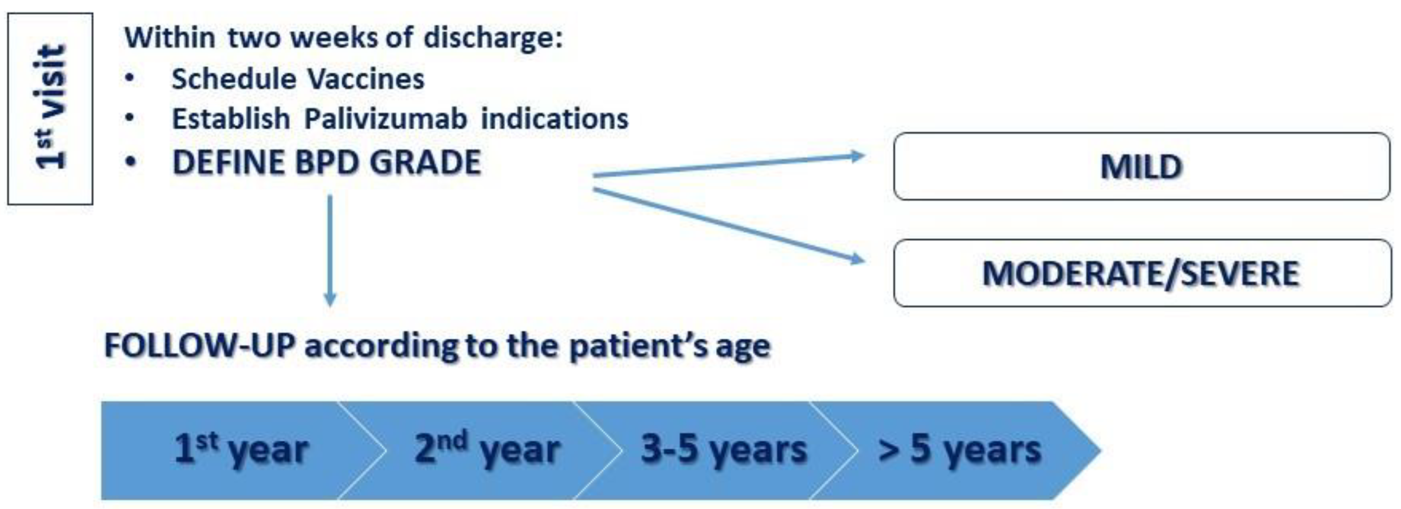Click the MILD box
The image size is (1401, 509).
1142,166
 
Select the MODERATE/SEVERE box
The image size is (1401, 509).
1142,273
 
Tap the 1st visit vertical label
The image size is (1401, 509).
50,108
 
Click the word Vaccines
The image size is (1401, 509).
366,79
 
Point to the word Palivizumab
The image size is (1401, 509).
386,118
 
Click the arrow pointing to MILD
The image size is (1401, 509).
729,166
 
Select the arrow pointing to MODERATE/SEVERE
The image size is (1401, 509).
729,226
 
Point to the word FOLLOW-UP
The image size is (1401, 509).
199,345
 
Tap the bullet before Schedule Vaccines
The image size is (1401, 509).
129,78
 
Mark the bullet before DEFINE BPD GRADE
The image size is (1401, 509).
130,162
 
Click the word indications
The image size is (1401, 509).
555,118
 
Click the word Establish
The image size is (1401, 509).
231,118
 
